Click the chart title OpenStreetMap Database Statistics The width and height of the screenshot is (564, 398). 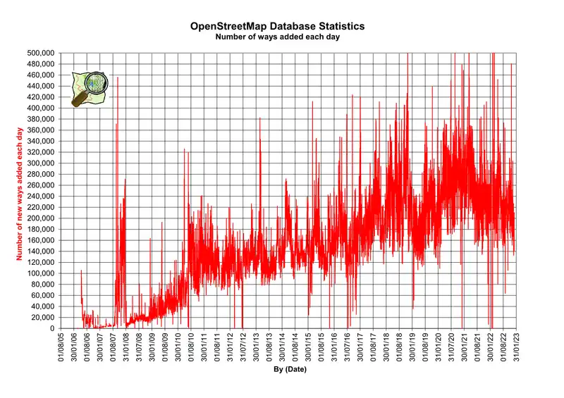[x=277, y=26]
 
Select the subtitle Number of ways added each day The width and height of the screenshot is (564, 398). [x=277, y=37]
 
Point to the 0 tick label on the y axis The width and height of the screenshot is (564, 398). [x=52, y=328]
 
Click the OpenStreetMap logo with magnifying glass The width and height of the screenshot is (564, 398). [x=90, y=88]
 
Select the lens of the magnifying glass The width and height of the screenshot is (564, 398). [x=95, y=84]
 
